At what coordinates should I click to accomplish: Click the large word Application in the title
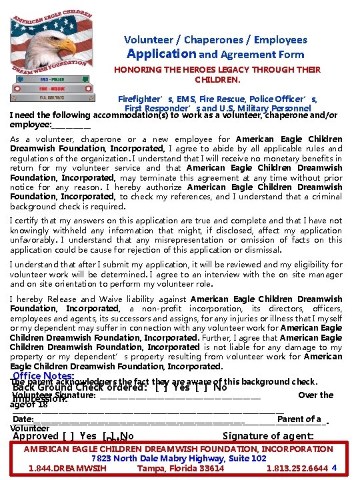(161, 54)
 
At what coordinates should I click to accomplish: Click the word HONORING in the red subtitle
(136, 69)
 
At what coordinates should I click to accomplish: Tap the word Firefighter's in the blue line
(145, 99)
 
